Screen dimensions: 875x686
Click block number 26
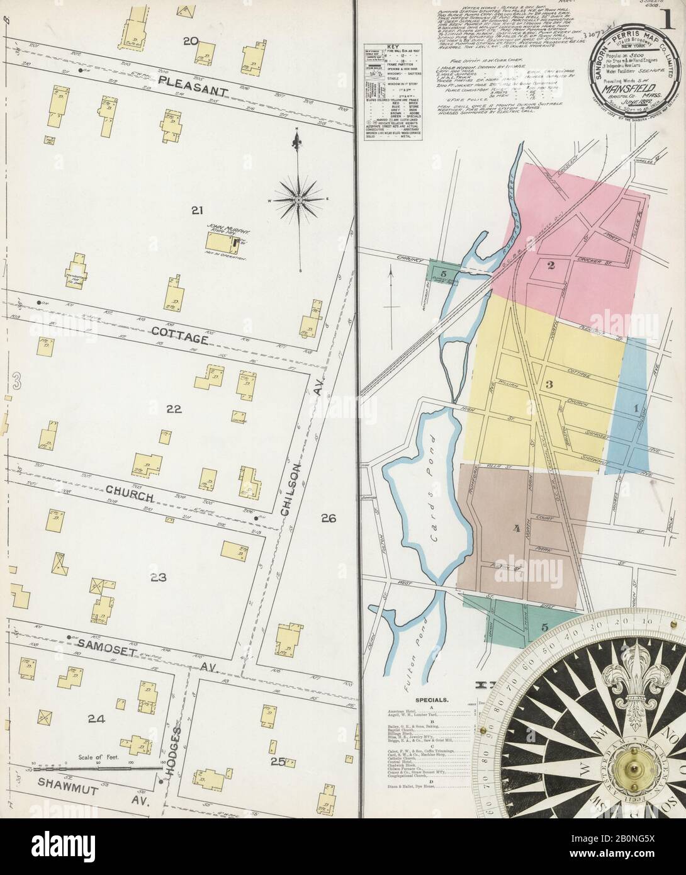(x=329, y=519)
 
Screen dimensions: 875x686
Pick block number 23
(x=157, y=577)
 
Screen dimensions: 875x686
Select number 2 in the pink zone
(x=550, y=265)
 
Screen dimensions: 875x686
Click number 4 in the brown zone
(x=516, y=529)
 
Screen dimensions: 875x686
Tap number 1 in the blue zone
(x=636, y=408)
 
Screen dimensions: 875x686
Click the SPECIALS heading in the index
(x=432, y=699)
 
